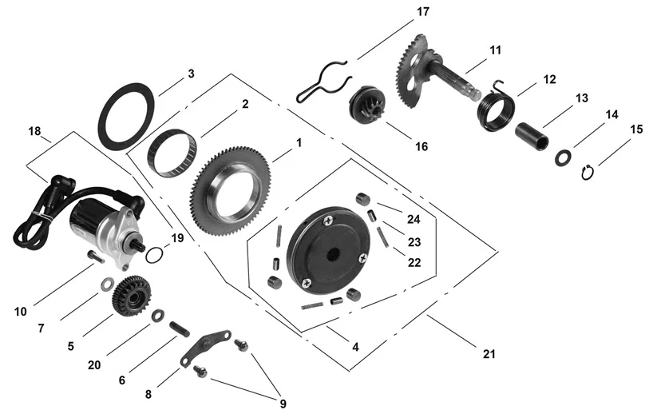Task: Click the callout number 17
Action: click(422, 12)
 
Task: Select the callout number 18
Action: click(34, 129)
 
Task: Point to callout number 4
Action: click(355, 348)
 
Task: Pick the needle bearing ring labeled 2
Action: click(172, 151)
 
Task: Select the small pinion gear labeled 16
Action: click(368, 106)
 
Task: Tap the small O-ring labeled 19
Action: click(156, 256)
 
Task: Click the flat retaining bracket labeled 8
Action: click(204, 344)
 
